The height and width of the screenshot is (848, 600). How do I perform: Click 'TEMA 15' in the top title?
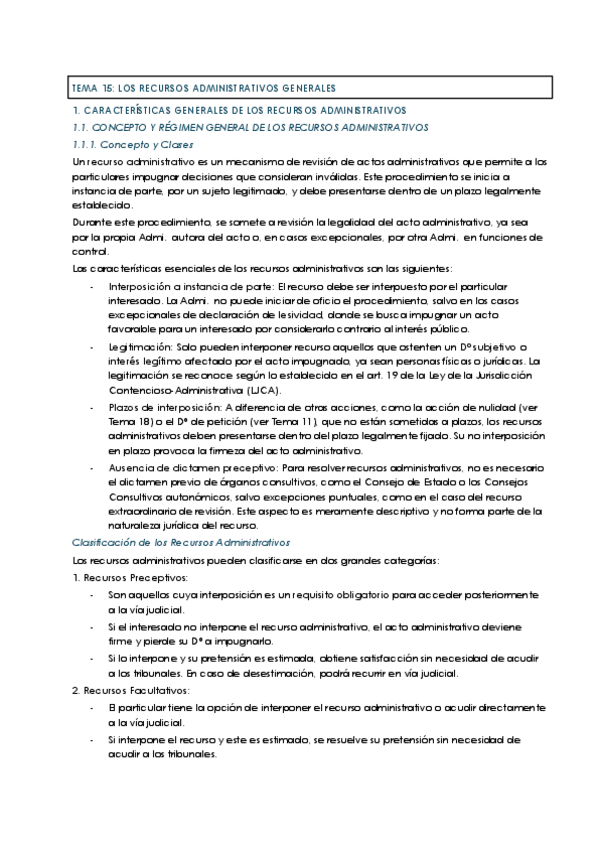(91, 88)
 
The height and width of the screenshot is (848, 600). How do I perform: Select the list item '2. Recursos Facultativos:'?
(125, 691)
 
